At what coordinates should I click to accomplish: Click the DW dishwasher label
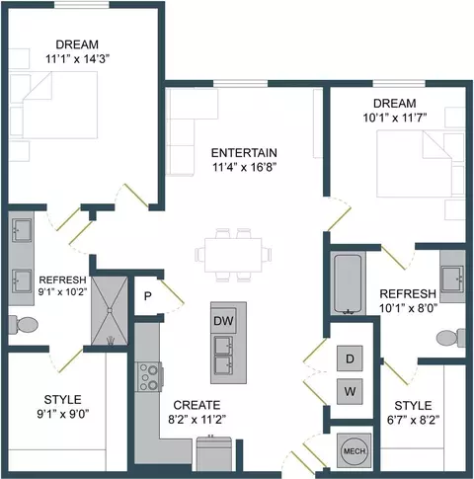223,321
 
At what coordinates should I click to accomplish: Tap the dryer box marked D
350,359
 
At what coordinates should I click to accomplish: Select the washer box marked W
350,391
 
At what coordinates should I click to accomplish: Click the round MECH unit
355,450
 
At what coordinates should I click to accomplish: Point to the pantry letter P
148,296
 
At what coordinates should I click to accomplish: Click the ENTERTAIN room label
244,153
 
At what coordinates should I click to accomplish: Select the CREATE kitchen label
197,405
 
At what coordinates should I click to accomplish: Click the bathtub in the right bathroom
348,283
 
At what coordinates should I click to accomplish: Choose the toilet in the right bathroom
451,338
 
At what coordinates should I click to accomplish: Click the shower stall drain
110,310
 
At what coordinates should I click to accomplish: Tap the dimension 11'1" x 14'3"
77,59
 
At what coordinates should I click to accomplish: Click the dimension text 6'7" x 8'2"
413,420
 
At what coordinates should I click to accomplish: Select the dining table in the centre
233,255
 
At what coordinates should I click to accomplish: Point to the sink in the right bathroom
452,279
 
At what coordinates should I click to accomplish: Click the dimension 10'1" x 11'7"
395,118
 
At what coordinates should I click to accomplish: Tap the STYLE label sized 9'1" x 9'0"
62,400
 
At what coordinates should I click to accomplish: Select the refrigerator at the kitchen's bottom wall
214,453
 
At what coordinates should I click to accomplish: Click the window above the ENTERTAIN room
241,84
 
